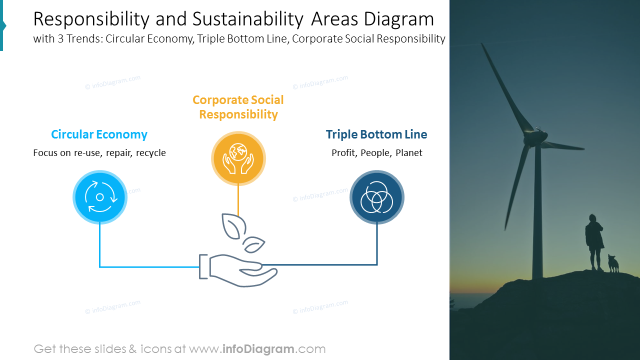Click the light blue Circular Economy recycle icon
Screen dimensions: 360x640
pos(100,197)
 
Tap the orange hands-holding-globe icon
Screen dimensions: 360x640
pos(238,158)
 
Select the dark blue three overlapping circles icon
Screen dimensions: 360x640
pos(377,197)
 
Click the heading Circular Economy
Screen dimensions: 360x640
pos(99,134)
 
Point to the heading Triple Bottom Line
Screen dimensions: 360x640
pos(376,134)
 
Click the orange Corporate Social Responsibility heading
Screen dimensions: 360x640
pos(238,107)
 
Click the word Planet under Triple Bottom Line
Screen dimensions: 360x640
pos(409,153)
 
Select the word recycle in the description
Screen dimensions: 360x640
pos(150,153)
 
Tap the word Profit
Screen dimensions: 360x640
pos(343,153)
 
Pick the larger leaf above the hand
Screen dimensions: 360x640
pos(230,225)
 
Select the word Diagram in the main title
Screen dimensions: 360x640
pos(398,19)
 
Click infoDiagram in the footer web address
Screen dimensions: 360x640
pos(258,349)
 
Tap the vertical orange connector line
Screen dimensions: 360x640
pos(238,200)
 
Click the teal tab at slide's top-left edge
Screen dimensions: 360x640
pos(2,25)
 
